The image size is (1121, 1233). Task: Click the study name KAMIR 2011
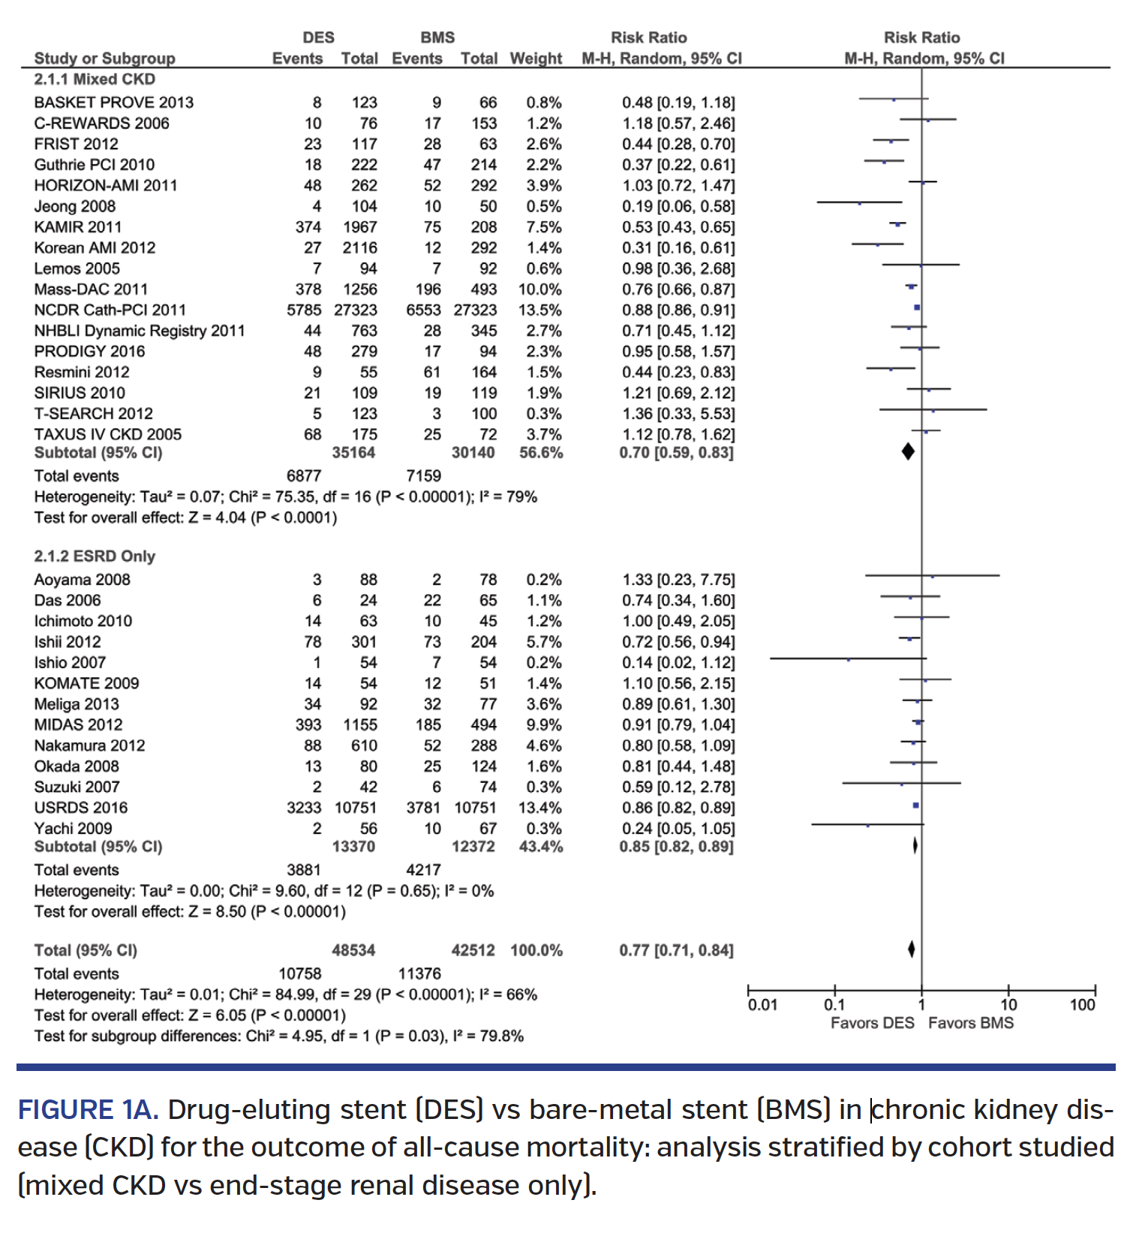pyautogui.click(x=77, y=227)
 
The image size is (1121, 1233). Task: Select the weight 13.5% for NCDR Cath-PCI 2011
pyautogui.click(x=539, y=310)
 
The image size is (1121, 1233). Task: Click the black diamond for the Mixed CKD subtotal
pyautogui.click(x=908, y=451)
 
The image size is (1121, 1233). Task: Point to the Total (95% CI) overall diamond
pyautogui.click(x=911, y=949)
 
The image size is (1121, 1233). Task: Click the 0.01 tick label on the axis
pyautogui.click(x=762, y=1005)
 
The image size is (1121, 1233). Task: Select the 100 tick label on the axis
pyautogui.click(x=1082, y=1005)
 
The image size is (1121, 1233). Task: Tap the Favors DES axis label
pyautogui.click(x=872, y=1024)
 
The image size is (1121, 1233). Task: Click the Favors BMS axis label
pyautogui.click(x=970, y=1024)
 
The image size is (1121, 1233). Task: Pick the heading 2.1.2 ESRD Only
pyautogui.click(x=95, y=556)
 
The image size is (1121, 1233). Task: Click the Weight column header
pyautogui.click(x=536, y=58)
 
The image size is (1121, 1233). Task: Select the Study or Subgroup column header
pyautogui.click(x=104, y=58)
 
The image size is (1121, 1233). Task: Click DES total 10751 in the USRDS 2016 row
pyautogui.click(x=356, y=808)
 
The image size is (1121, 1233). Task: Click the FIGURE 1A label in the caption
pyautogui.click(x=88, y=1110)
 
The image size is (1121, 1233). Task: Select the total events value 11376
pyautogui.click(x=419, y=974)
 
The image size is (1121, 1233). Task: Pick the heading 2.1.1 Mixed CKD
pyautogui.click(x=95, y=79)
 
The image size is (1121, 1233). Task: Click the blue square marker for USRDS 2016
pyautogui.click(x=915, y=805)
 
